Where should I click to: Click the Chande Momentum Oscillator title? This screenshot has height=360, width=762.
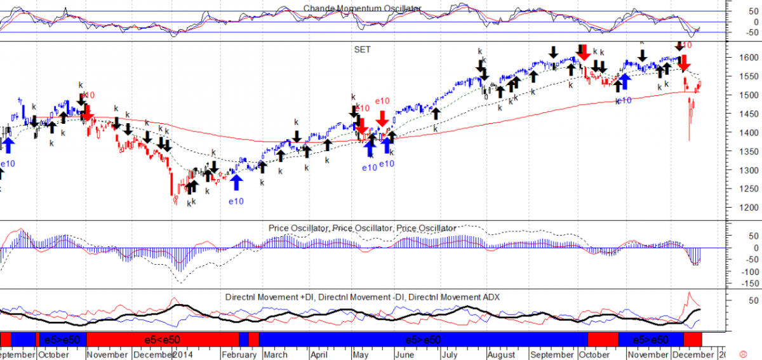pyautogui.click(x=362, y=8)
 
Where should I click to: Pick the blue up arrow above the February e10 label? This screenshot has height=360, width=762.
pyautogui.click(x=237, y=182)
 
